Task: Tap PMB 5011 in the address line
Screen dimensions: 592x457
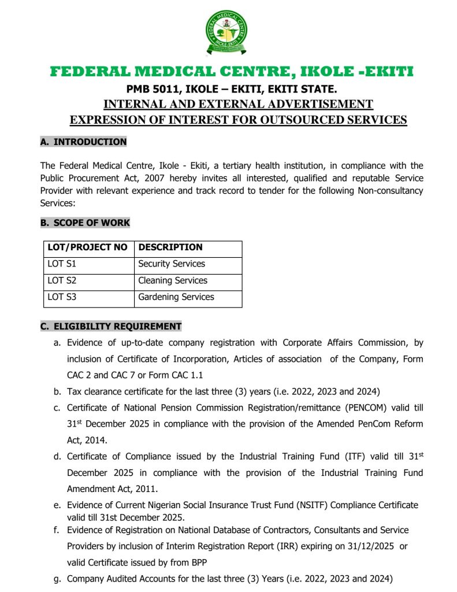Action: coord(151,90)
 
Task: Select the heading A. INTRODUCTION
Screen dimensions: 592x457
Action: coord(83,142)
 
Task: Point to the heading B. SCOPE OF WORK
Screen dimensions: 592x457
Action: coord(85,223)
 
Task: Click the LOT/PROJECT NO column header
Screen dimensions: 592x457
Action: coord(87,247)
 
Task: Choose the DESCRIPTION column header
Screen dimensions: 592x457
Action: coord(170,247)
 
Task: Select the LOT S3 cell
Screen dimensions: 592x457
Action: coord(61,297)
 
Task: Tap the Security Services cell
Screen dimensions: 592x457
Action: coord(172,264)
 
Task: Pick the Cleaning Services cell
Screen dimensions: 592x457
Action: coord(172,280)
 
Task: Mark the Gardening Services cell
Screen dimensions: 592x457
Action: coord(176,297)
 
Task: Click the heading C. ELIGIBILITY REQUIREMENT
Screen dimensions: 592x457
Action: coord(110,326)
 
